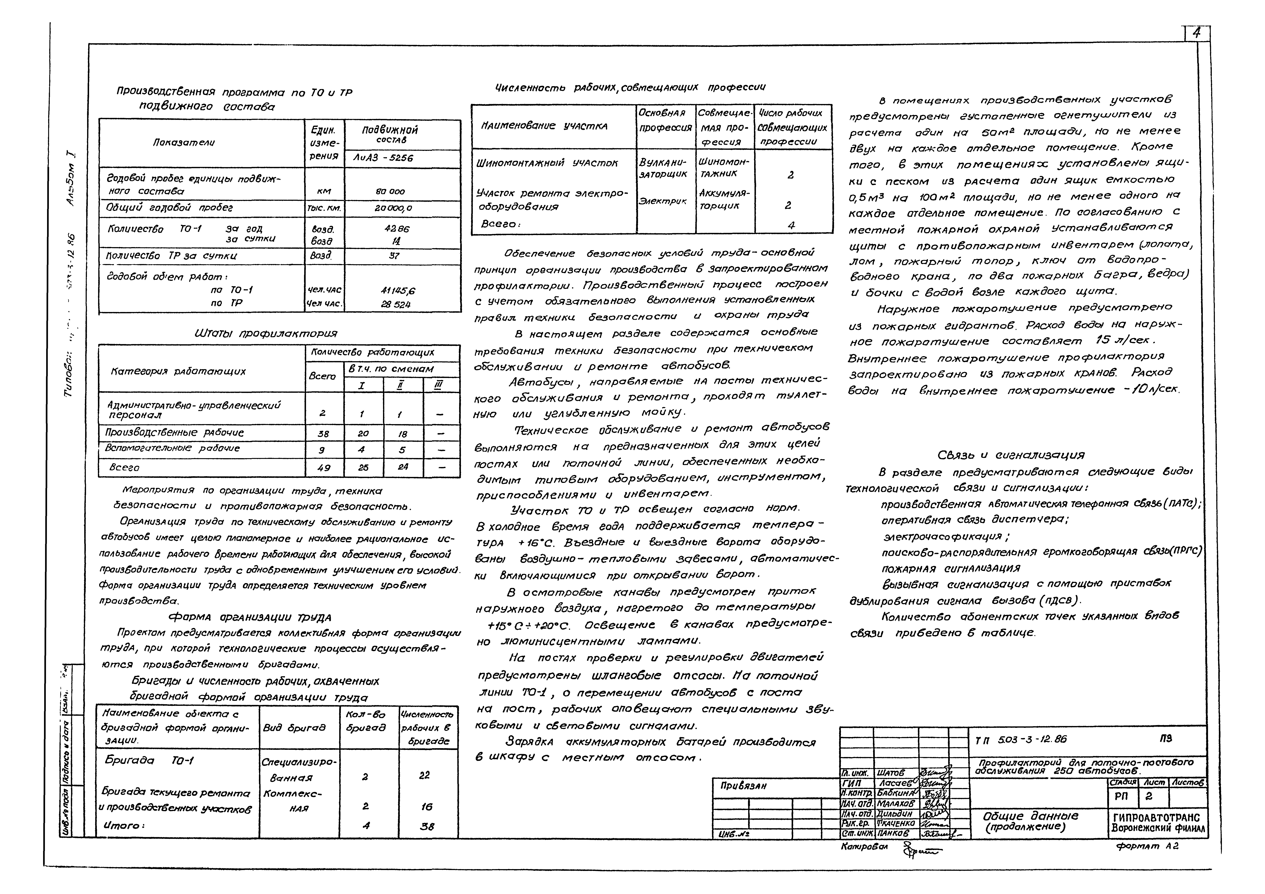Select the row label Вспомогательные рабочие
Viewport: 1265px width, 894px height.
[x=173, y=448]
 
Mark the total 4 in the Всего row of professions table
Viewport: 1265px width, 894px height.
[x=791, y=225]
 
